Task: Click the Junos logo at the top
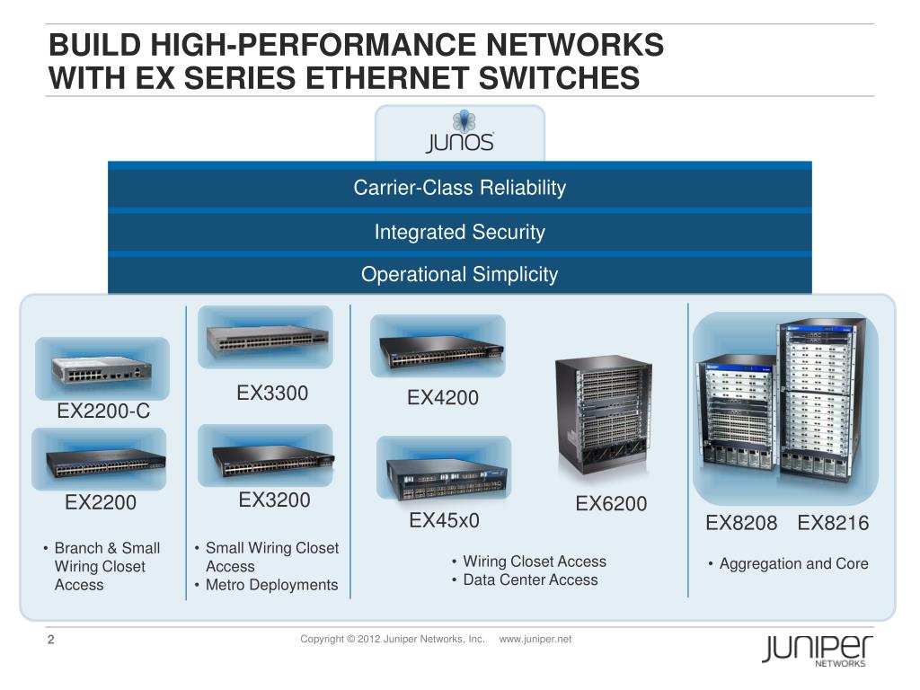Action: coord(459,134)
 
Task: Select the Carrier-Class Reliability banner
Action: coord(459,188)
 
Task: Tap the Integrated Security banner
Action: coord(459,232)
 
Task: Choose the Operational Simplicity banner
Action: coord(459,274)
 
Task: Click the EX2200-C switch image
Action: coord(102,368)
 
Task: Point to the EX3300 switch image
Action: coord(265,336)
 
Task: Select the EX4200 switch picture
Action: coord(438,346)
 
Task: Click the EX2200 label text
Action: coord(101,503)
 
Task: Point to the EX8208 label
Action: coord(741,523)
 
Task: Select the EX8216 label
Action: coord(833,523)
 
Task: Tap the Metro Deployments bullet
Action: coord(271,585)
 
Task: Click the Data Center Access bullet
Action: coord(530,579)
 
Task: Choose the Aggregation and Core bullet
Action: coord(793,563)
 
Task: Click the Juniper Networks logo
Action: coord(817,650)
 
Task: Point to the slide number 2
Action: coord(51,640)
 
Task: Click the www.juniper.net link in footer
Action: coord(535,639)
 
